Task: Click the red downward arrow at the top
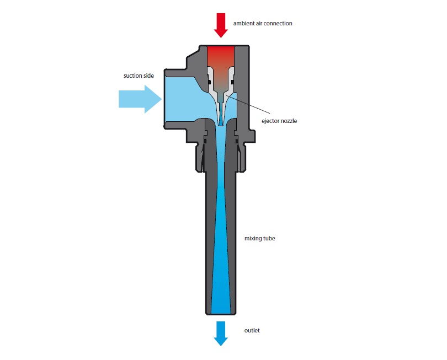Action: point(221,25)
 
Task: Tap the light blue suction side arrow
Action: point(140,99)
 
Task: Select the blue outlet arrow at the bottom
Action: point(221,334)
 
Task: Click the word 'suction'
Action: point(133,76)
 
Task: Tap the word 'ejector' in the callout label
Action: point(270,121)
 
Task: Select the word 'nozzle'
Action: point(288,121)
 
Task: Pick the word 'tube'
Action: point(269,238)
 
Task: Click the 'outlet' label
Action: point(252,330)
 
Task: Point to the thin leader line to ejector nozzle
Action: point(248,105)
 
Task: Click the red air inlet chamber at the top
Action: point(221,57)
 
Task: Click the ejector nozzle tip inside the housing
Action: point(221,125)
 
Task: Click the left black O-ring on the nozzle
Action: point(209,82)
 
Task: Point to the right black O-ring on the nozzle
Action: point(232,82)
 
